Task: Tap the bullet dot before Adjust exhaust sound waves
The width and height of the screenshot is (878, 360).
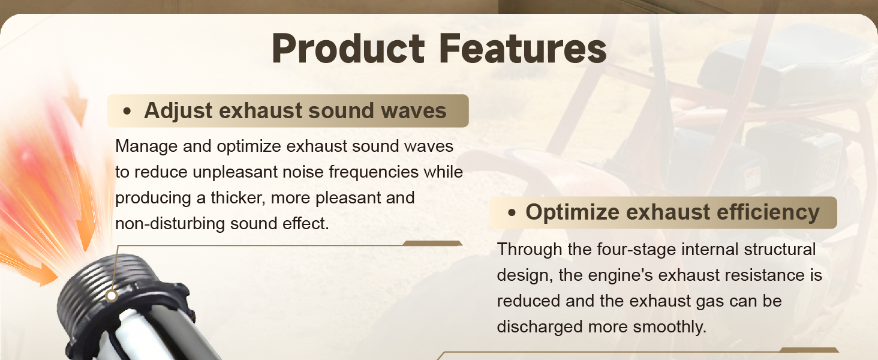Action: click(x=127, y=112)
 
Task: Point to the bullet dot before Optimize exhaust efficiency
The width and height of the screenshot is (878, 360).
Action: click(x=512, y=213)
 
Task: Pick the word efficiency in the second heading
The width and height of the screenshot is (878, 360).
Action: click(x=768, y=212)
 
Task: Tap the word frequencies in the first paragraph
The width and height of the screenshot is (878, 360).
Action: click(x=374, y=172)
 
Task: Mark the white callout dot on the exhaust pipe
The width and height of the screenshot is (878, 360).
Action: click(x=112, y=296)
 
